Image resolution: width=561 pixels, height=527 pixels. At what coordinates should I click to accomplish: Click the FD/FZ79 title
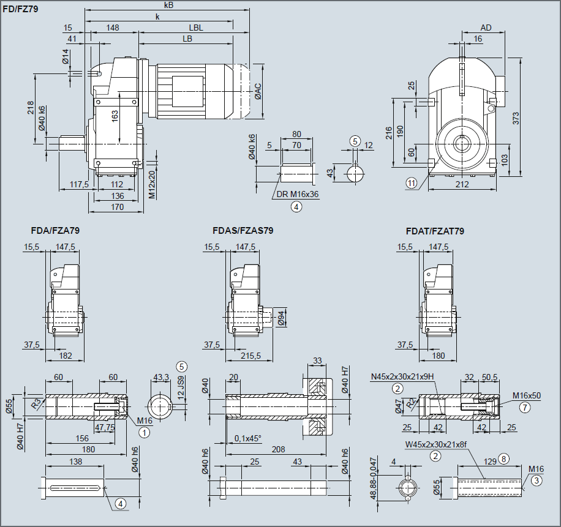pos(21,10)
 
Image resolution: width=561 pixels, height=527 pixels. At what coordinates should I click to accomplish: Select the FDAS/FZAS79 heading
pos(243,231)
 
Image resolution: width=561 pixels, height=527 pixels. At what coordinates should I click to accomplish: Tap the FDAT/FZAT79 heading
pos(435,231)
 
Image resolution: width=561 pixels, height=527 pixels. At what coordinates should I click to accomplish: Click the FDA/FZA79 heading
pos(55,231)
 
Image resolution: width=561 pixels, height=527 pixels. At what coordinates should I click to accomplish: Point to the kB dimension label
pos(168,5)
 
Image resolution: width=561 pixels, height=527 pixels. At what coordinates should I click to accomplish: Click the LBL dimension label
pos(195,28)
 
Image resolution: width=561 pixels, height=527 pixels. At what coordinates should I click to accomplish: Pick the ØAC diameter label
pos(258,91)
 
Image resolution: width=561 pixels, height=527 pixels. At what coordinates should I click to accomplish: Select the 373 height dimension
pos(516,119)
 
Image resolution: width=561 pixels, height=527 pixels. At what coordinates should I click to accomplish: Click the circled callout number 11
pos(411,182)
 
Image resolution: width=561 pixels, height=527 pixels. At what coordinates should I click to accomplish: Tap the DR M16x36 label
pos(298,194)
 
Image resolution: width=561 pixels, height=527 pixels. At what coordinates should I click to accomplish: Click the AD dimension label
pos(486,28)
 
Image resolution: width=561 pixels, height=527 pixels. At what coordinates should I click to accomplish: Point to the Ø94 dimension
pos(281,318)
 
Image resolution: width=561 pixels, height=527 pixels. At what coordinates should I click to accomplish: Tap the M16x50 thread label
pos(527,395)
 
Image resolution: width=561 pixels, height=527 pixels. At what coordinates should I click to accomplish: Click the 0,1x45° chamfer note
pos(248,438)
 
